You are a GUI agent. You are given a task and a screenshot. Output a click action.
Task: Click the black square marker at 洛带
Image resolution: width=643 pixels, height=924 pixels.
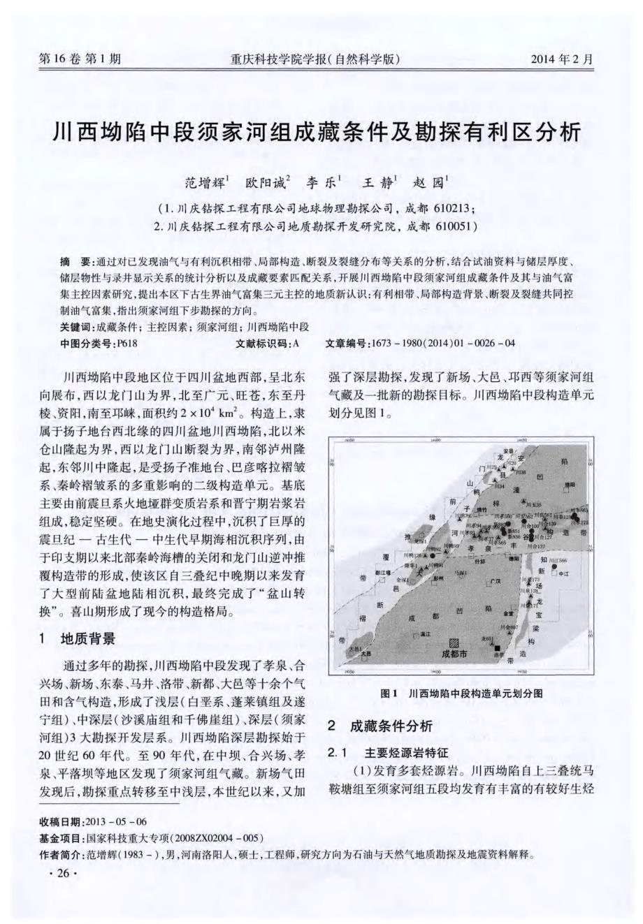click(x=497, y=649)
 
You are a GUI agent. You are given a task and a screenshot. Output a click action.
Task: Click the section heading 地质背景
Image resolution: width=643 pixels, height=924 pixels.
click(x=87, y=638)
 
